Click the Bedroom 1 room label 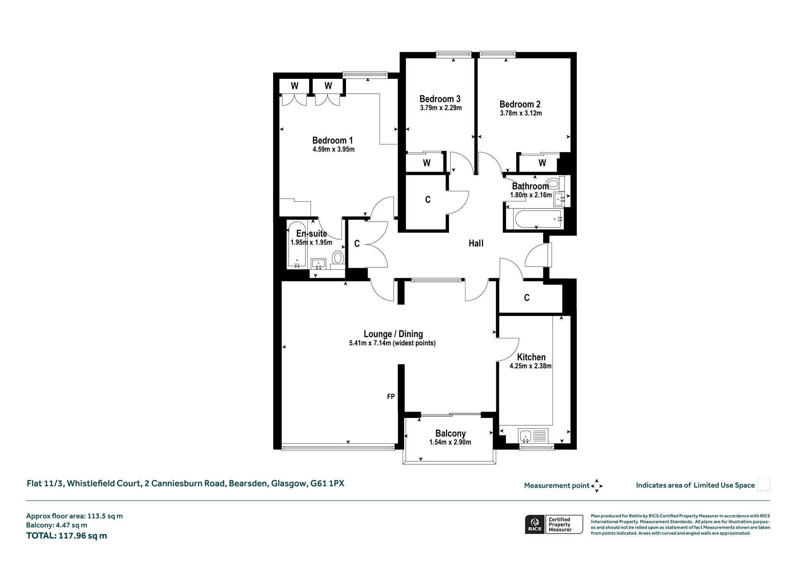pos(333,140)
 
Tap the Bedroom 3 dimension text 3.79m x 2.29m pos(441,108)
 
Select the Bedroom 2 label pos(520,104)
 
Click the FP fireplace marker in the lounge pos(391,396)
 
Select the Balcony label pos(451,434)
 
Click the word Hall pos(476,243)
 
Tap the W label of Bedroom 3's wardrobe pos(427,163)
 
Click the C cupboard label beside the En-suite pos(357,244)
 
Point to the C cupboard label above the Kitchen pos(527,298)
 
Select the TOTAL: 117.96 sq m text pos(66,535)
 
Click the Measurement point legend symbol pos(597,486)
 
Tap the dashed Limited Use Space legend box pos(764,485)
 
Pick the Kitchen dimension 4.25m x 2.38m pos(531,366)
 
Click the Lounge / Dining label pos(393,334)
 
